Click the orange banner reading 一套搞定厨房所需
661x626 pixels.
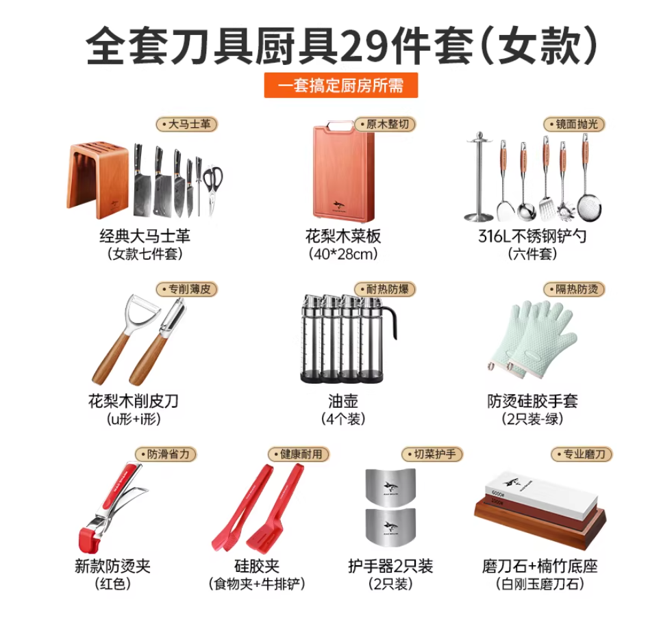click(340, 86)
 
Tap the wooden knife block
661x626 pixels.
click(98, 177)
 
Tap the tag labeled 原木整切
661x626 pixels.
click(386, 125)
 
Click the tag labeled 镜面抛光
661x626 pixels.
click(575, 125)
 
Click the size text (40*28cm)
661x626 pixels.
click(342, 255)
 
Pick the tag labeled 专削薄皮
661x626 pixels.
click(187, 289)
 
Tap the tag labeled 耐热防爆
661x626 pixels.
click(386, 289)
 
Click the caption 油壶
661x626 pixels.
click(342, 401)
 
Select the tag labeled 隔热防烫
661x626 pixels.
click(575, 289)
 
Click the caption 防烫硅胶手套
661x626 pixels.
click(532, 401)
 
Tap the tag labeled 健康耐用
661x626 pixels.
click(299, 454)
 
